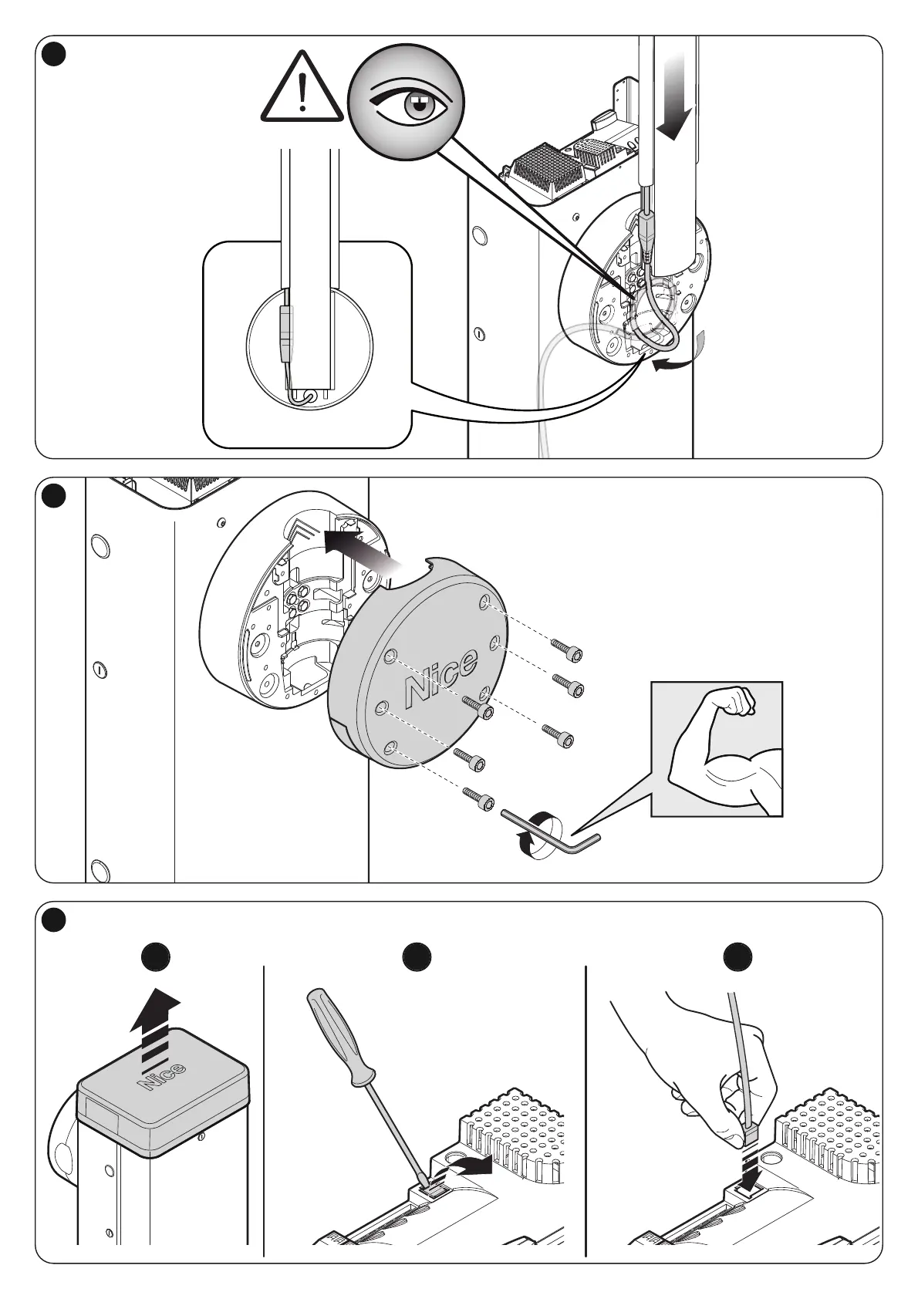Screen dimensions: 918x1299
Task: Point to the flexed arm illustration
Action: (x=717, y=749)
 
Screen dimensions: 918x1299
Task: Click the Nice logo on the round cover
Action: (x=440, y=676)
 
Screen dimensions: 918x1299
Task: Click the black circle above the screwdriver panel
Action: (x=417, y=957)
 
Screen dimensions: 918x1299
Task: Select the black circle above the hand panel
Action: (x=737, y=957)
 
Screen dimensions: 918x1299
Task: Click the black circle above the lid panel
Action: (x=157, y=957)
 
